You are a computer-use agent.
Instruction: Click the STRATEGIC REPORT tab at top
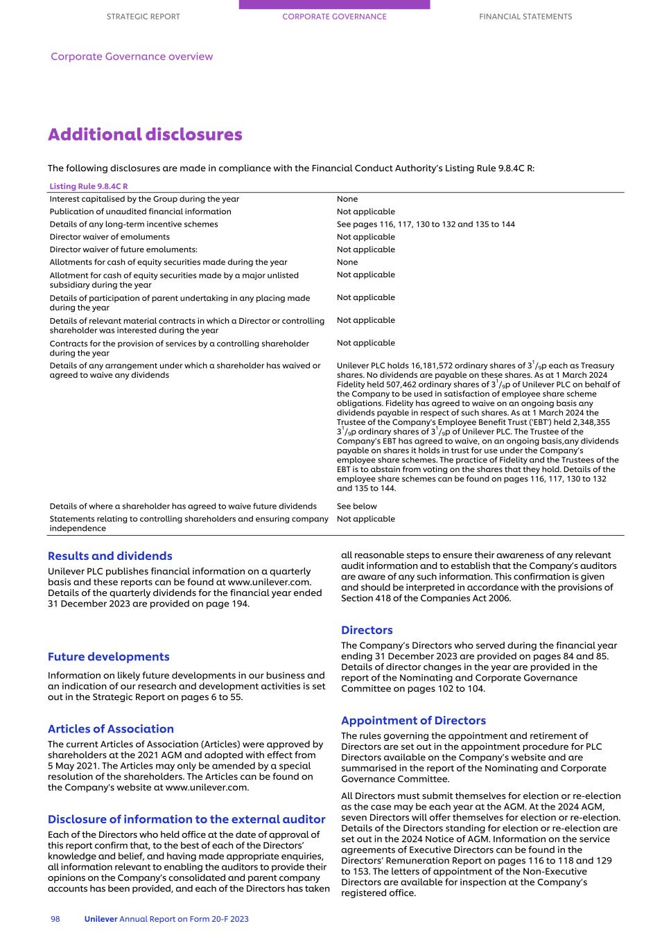click(143, 17)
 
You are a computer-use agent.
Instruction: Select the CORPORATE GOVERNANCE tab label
click(334, 17)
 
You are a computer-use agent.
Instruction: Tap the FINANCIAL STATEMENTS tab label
click(525, 17)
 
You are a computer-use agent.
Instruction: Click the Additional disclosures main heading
click(145, 134)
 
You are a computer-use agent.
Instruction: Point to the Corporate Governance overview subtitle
click(132, 57)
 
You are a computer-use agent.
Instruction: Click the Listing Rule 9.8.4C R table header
click(89, 186)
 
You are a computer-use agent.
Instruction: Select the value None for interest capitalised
click(347, 199)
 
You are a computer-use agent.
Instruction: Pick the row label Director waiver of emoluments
click(110, 237)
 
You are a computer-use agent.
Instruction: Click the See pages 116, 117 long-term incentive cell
click(426, 225)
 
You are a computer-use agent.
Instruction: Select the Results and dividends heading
click(110, 556)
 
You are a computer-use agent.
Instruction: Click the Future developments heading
click(108, 657)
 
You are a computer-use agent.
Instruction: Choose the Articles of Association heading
click(110, 729)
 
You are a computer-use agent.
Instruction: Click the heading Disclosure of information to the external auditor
click(186, 820)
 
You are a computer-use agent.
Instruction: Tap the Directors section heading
click(366, 630)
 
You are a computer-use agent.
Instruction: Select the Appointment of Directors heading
click(413, 721)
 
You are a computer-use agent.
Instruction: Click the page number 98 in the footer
click(55, 919)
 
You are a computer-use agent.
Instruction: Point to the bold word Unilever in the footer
click(101, 919)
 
